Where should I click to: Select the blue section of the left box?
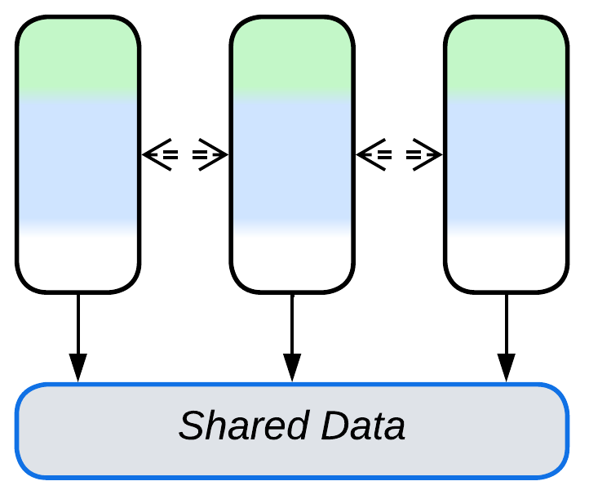78,159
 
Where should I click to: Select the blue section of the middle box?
292,159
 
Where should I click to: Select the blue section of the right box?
506,159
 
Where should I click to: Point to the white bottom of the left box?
78,261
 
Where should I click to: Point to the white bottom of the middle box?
292,261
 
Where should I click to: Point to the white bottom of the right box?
506,261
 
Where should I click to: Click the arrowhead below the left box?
78,367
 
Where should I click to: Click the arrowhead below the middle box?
292,367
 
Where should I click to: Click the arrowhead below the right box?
506,367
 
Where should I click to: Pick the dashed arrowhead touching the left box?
155,154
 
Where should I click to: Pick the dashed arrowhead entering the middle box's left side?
217,154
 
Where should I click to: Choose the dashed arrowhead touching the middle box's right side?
369,154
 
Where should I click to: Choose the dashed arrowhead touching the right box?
431,154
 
